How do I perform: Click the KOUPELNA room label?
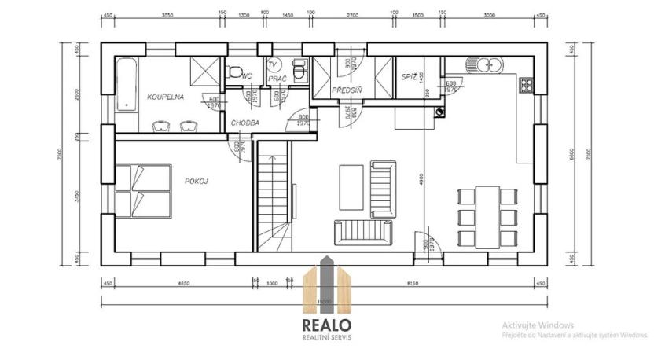click(x=165, y=97)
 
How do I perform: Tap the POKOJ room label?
click(x=196, y=180)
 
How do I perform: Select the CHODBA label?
click(x=245, y=123)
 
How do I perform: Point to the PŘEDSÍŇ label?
click(x=345, y=90)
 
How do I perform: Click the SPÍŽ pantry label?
click(x=409, y=76)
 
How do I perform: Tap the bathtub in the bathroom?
click(x=127, y=86)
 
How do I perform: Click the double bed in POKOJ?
click(x=143, y=192)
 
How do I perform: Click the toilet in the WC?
click(x=233, y=72)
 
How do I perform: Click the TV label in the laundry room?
click(x=274, y=64)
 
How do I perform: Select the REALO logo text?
click(x=328, y=325)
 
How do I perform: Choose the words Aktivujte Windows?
click(x=538, y=325)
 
